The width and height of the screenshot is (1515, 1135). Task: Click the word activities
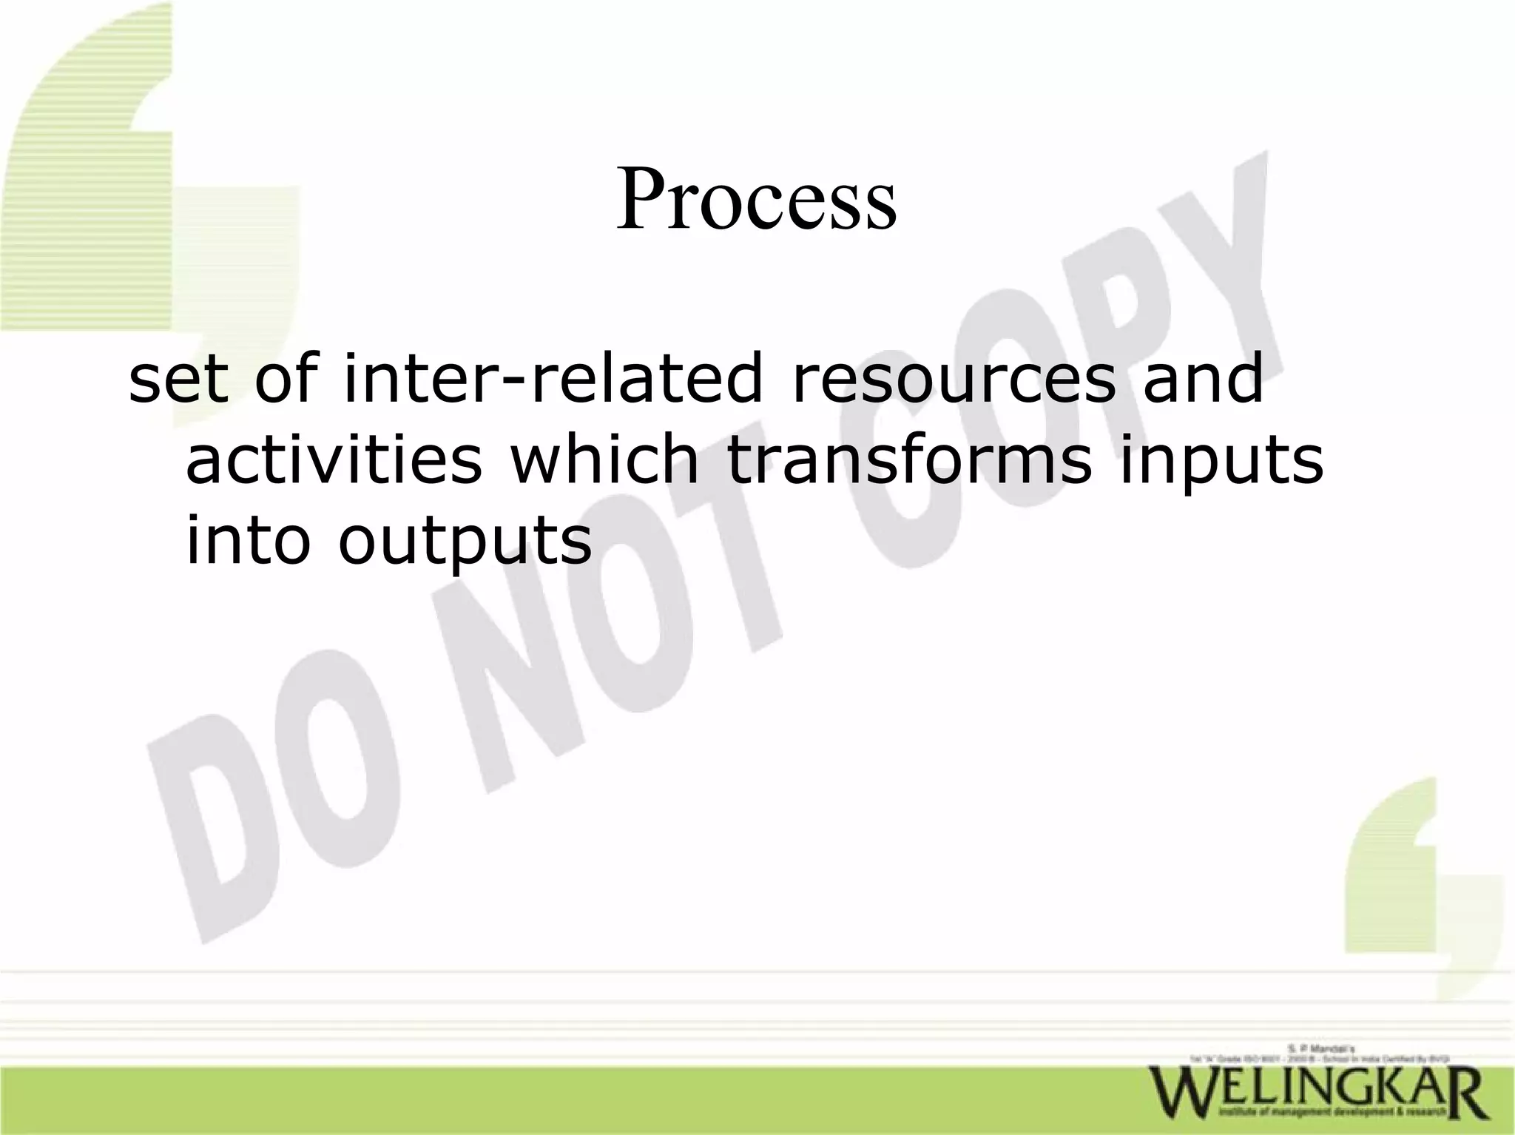point(333,460)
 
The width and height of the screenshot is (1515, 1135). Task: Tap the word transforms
point(908,460)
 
